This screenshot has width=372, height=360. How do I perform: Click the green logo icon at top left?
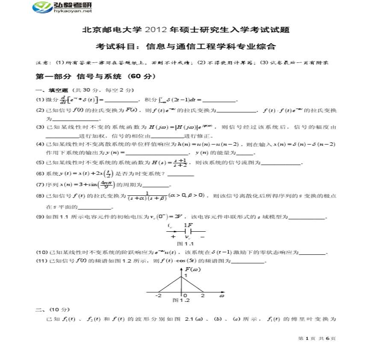42,7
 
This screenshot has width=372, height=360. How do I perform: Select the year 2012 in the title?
156,30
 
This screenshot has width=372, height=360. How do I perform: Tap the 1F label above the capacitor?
188,225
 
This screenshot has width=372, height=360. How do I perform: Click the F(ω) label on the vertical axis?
193,269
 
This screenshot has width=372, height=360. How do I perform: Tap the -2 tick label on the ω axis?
158,295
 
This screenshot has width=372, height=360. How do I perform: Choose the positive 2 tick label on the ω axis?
202,295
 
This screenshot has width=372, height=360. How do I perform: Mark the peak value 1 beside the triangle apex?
186,276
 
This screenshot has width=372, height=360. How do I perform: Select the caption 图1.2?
181,300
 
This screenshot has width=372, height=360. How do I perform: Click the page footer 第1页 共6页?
316,338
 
